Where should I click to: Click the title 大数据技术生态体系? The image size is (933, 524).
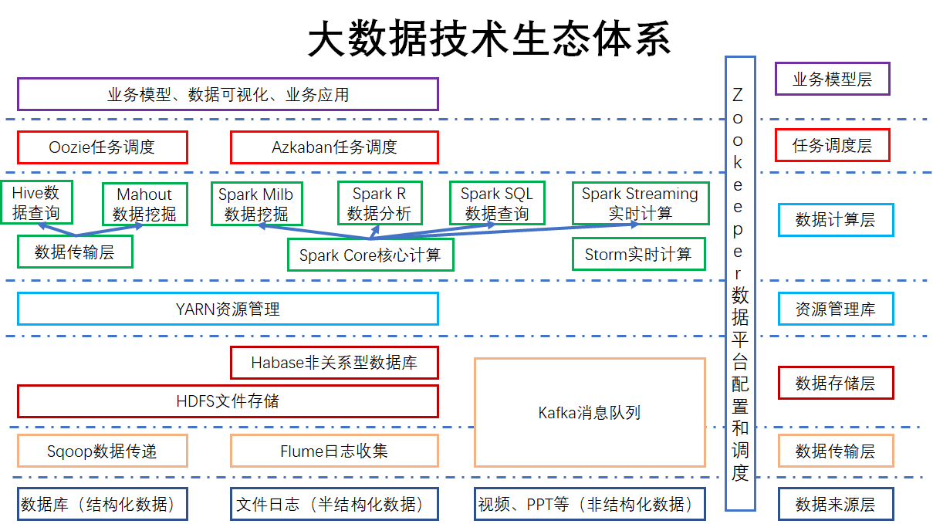coord(489,39)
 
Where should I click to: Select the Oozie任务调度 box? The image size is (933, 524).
coord(103,147)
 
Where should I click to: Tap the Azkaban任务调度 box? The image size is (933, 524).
coord(334,147)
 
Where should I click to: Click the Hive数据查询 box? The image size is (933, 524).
coord(36,203)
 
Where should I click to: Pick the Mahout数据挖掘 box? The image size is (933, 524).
coord(144,205)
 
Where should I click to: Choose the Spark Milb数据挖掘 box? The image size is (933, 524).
coord(256,205)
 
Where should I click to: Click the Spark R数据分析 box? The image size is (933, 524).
coord(379,204)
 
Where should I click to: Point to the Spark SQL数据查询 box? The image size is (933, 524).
coord(497,204)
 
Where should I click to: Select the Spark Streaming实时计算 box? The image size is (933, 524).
coord(640,204)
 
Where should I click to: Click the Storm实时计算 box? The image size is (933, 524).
coord(638,254)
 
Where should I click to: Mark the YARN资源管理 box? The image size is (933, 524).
coord(228,309)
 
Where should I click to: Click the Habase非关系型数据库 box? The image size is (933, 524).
coord(334,363)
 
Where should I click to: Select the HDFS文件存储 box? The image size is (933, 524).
coord(228,401)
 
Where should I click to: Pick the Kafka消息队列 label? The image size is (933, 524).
coord(590,413)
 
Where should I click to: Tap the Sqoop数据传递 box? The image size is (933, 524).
coord(102,451)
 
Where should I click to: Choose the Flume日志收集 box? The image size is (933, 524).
coord(334,451)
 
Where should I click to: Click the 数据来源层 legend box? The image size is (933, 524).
coord(835,505)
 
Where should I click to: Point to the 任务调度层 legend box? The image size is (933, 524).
coord(832,145)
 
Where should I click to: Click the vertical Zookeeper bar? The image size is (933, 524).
coord(740,284)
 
